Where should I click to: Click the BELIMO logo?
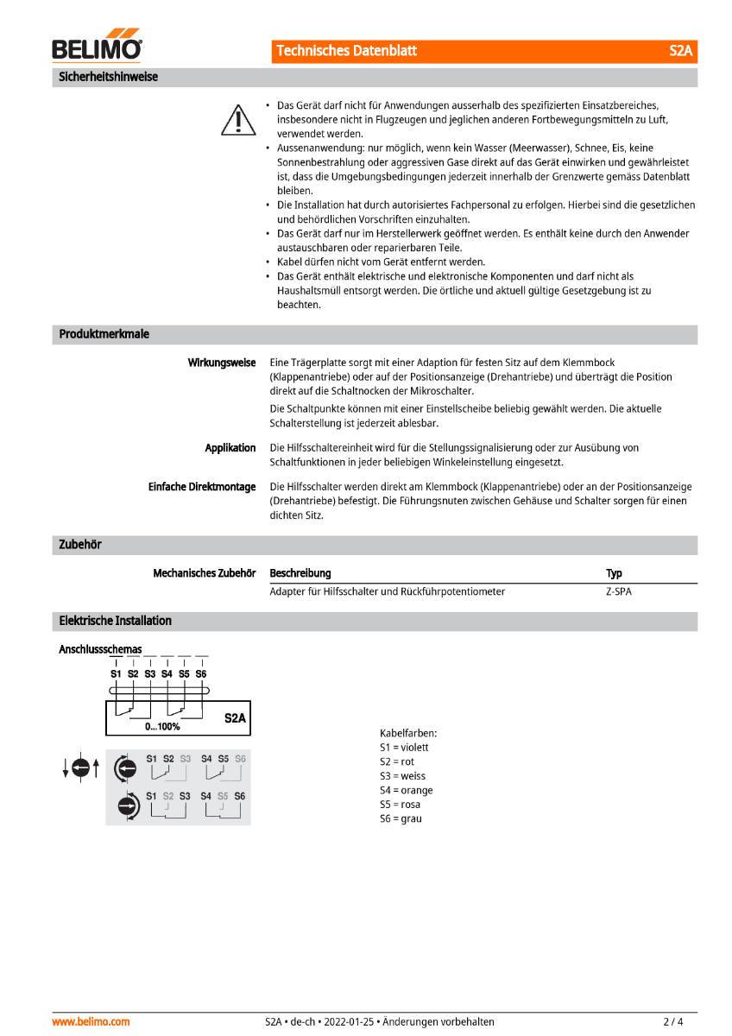click(97, 49)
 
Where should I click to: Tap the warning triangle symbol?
click(234, 119)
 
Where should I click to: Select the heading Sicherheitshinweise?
click(108, 77)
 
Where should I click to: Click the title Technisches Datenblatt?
click(346, 51)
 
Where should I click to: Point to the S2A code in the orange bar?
click(680, 51)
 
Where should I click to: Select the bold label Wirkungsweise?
click(222, 363)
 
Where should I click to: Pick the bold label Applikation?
click(230, 447)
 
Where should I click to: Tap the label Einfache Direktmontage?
click(202, 487)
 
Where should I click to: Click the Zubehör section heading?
click(80, 545)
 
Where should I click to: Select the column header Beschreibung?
click(300, 573)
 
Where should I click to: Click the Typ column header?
click(614, 573)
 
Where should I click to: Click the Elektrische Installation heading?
click(115, 621)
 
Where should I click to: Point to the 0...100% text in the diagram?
click(162, 727)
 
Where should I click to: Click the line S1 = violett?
click(403, 747)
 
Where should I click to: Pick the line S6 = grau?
click(401, 818)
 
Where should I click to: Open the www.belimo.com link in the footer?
click(91, 1021)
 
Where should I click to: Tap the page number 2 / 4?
click(673, 1021)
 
